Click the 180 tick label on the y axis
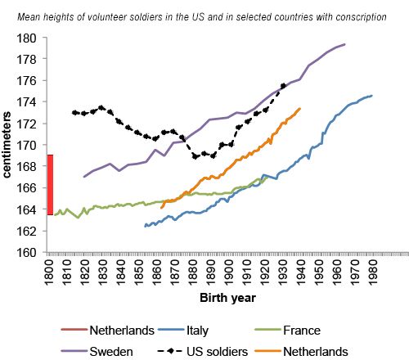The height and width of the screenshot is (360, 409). pos(26,38)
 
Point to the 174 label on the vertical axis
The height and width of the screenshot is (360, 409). pos(26,102)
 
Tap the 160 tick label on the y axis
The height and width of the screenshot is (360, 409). pos(26,253)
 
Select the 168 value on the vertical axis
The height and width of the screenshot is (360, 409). pos(26,167)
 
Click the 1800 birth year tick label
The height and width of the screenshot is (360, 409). pos(49,272)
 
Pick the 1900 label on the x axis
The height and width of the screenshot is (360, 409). pos(229,272)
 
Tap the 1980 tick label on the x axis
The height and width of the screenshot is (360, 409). pos(373,272)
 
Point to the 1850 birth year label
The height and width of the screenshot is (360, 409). pos(139,272)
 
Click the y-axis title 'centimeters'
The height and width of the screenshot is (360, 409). pos(7,145)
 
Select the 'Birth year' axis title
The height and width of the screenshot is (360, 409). pos(227,298)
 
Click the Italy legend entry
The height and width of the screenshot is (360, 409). pos(183,331)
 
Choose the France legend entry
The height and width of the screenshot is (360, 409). pos(288,331)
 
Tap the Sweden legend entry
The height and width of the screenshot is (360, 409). pos(97,352)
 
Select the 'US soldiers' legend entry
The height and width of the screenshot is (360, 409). pos(203,352)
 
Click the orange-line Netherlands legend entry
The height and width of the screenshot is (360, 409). pos(302,352)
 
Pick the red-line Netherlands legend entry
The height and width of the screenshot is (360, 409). pos(108,331)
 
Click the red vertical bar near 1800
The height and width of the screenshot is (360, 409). pos(50,185)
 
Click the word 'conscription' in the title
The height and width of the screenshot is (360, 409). pos(361,17)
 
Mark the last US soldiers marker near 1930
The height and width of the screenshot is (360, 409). pos(283,86)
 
